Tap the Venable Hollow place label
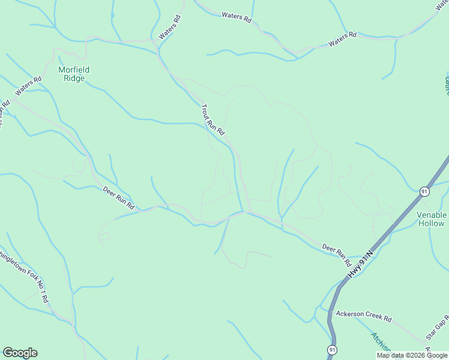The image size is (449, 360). click(x=431, y=219)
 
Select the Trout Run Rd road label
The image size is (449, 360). click(x=212, y=118)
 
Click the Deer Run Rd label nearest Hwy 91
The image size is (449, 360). click(x=336, y=254)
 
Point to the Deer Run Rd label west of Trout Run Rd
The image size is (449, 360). click(x=118, y=198)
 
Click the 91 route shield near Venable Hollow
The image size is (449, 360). click(x=424, y=191)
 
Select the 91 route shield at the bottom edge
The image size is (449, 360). click(x=332, y=349)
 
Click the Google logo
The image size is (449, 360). click(x=20, y=353)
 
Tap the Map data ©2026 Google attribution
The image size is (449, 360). click(x=412, y=355)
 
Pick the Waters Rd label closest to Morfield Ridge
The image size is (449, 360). click(x=29, y=86)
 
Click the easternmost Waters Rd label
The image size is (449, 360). click(x=342, y=40)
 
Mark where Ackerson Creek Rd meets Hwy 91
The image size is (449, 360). click(x=330, y=311)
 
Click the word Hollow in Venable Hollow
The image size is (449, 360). click(x=431, y=224)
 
